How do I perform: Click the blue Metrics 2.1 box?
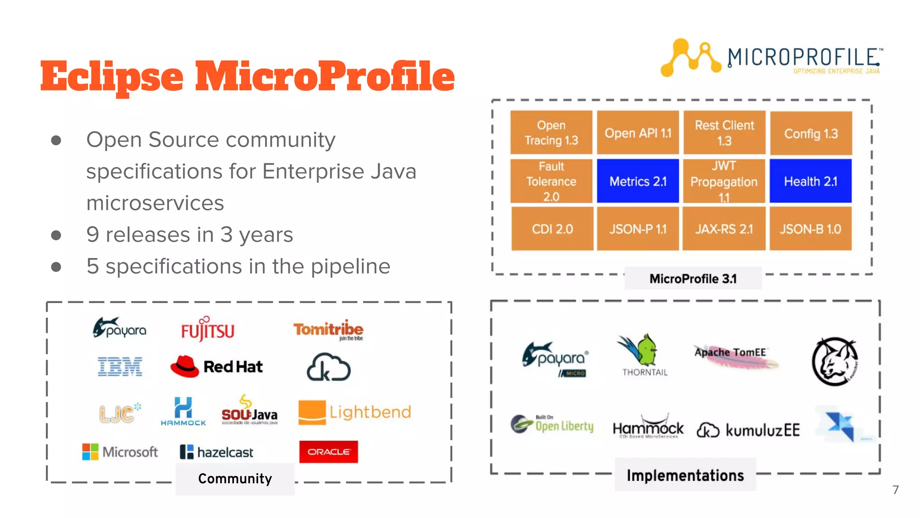pos(637,181)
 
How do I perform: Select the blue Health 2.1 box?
pos(810,181)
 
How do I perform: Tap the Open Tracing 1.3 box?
pos(551,133)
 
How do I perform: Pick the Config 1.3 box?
pos(811,134)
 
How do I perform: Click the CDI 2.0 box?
pos(552,229)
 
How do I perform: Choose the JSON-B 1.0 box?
pos(810,229)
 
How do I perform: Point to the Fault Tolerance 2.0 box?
pos(551,181)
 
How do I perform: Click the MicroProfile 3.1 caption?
pos(693,279)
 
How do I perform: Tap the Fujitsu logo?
pos(208,329)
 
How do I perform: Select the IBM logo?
pos(120,366)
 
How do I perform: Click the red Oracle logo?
pos(328,451)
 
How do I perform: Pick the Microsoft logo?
pos(120,451)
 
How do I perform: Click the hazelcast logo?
pos(217,452)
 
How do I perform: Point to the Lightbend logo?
pos(354,412)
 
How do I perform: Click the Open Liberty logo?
pos(552,424)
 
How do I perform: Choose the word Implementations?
pos(685,475)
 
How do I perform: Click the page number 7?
pos(895,490)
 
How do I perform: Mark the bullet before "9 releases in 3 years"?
pos(56,235)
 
